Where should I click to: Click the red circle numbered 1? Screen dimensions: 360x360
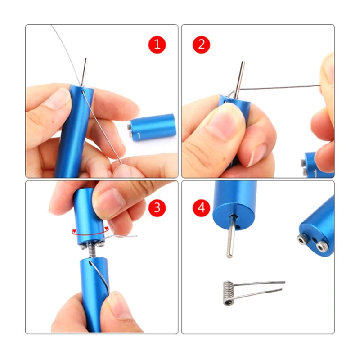pyautogui.click(x=157, y=45)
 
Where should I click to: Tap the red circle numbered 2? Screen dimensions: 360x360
pyautogui.click(x=201, y=45)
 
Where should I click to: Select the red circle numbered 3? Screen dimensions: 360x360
pyautogui.click(x=157, y=208)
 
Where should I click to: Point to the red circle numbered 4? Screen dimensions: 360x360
pyautogui.click(x=201, y=208)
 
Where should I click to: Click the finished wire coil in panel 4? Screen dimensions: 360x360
pyautogui.click(x=229, y=293)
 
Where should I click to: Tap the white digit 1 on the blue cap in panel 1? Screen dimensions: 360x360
pyautogui.click(x=139, y=135)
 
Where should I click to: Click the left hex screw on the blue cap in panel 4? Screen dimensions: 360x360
pyautogui.click(x=301, y=240)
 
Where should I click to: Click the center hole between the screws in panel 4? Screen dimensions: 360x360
pyautogui.click(x=314, y=241)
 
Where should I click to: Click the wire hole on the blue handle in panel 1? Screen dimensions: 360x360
pyautogui.click(x=82, y=92)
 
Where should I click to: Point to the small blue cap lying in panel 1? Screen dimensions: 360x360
pyautogui.click(x=152, y=127)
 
